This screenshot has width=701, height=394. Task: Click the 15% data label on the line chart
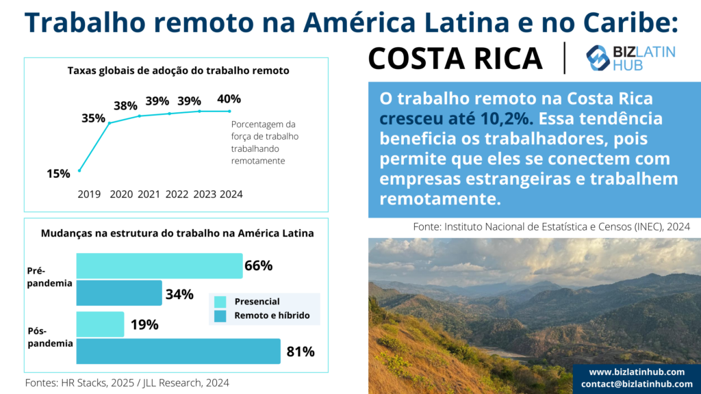pyautogui.click(x=59, y=174)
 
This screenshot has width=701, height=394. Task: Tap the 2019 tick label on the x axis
pyautogui.click(x=89, y=194)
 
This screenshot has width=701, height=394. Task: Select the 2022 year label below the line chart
pyautogui.click(x=177, y=194)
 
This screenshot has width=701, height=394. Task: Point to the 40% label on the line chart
pyautogui.click(x=229, y=98)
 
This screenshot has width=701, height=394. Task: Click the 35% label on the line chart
pyautogui.click(x=93, y=118)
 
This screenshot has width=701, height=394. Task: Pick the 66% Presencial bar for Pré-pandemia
pyautogui.click(x=160, y=266)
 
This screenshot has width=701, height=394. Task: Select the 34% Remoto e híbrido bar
pyautogui.click(x=119, y=293)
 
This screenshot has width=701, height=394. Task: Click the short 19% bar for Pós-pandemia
pyautogui.click(x=100, y=324)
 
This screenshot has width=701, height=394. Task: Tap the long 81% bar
pyautogui.click(x=179, y=351)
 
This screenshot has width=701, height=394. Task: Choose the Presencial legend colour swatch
pyautogui.click(x=220, y=302)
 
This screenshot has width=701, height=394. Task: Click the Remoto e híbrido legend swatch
pyautogui.click(x=220, y=316)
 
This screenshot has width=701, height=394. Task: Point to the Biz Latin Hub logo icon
pyautogui.click(x=597, y=58)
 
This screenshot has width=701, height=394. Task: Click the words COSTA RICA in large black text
pyautogui.click(x=455, y=59)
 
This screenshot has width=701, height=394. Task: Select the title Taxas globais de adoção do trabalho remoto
pyautogui.click(x=179, y=70)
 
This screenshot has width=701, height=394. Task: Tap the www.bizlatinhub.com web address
pyautogui.click(x=637, y=372)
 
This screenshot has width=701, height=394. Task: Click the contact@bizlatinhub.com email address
pyautogui.click(x=637, y=384)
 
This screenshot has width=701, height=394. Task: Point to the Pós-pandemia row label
pyautogui.click(x=50, y=337)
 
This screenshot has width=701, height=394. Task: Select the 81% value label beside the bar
pyautogui.click(x=301, y=352)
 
